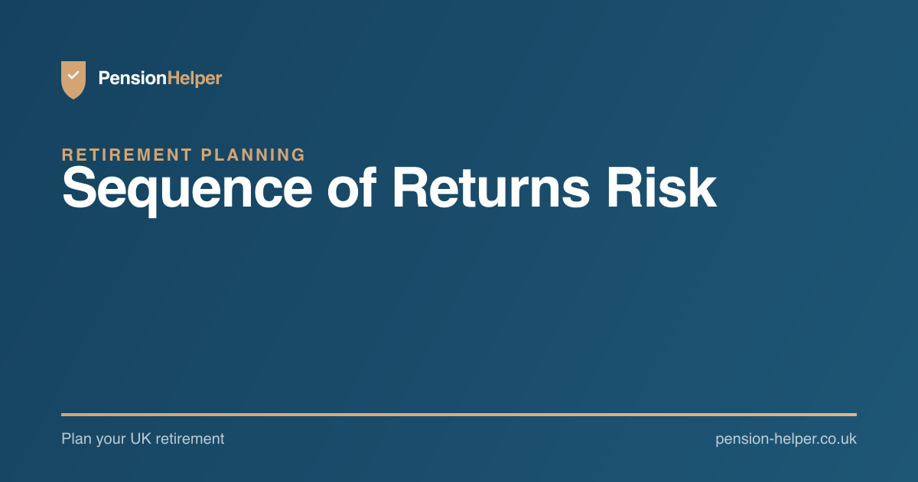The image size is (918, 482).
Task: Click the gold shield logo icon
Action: click(73, 80)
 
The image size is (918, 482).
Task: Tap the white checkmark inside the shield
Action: click(73, 75)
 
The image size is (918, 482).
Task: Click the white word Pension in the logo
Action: click(132, 78)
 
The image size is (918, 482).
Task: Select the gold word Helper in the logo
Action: click(194, 79)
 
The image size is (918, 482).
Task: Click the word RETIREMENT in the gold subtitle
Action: click(127, 155)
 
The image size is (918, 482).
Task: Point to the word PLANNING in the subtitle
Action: click(253, 155)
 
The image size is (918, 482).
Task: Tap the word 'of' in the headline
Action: click(352, 187)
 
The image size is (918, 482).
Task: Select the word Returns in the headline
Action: click(491, 187)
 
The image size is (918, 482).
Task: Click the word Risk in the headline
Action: click(662, 187)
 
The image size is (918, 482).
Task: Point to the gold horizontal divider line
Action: click(459, 415)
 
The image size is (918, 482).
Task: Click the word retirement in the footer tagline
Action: click(190, 439)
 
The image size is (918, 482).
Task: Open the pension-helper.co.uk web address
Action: click(786, 439)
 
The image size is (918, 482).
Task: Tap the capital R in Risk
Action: click(626, 187)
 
